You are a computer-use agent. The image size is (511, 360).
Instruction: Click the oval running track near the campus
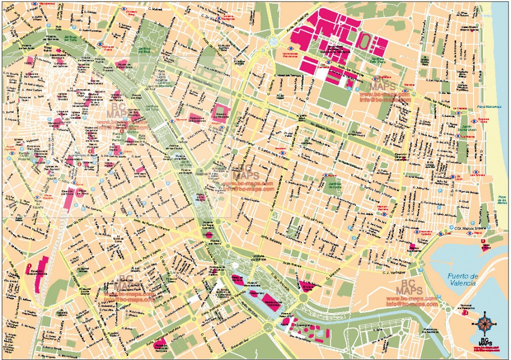pyautogui.click(x=366, y=40)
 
